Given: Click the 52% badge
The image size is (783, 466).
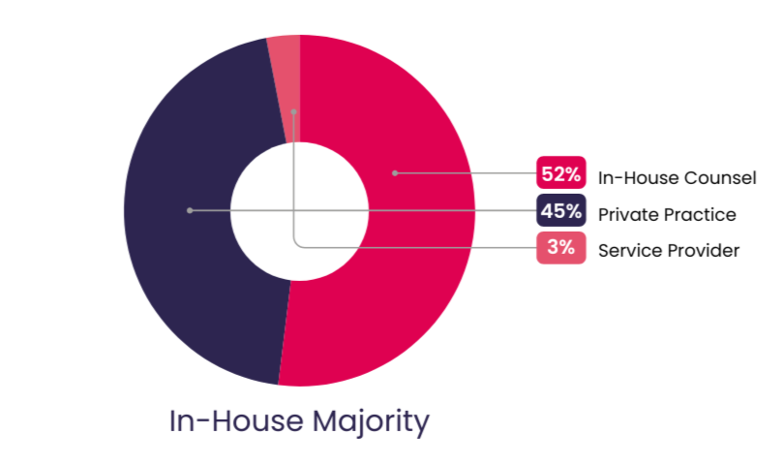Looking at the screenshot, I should pos(561,174).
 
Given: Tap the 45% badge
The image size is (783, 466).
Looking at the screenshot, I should pos(561,212).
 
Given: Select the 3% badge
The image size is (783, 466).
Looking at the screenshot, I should pos(561,248).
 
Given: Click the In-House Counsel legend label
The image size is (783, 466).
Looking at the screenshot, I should pos(677,177).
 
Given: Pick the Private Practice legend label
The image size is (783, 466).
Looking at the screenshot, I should pos(667,214).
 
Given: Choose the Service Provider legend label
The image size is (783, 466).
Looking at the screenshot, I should pos(669,250).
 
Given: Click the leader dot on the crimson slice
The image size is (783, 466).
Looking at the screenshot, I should pos(395,173).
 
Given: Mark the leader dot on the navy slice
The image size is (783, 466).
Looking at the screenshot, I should pos(190,210).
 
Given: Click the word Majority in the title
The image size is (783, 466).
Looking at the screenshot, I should pos(372,422).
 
